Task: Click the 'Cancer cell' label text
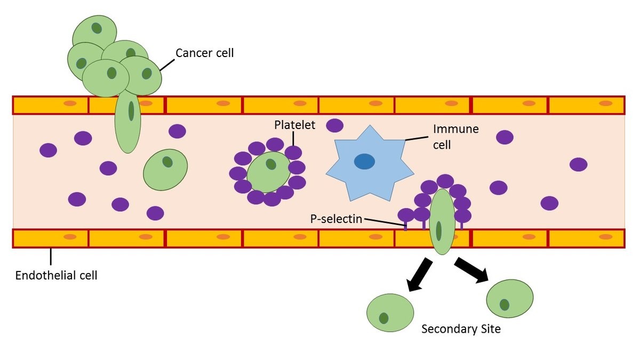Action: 205,53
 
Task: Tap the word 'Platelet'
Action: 294,125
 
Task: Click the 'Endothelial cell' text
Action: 56,276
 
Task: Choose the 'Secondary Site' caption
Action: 461,329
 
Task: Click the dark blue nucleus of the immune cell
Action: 365,161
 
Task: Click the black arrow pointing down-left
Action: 420,274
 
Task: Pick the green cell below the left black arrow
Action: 390,313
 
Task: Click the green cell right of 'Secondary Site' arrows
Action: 510,298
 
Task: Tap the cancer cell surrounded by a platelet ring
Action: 268,171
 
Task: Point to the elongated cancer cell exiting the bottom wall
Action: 442,221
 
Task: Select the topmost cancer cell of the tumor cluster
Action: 94,32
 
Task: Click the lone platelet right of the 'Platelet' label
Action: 334,125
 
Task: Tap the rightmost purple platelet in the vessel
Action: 578,164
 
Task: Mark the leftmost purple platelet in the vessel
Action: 48,150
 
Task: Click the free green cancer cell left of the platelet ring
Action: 165,169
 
